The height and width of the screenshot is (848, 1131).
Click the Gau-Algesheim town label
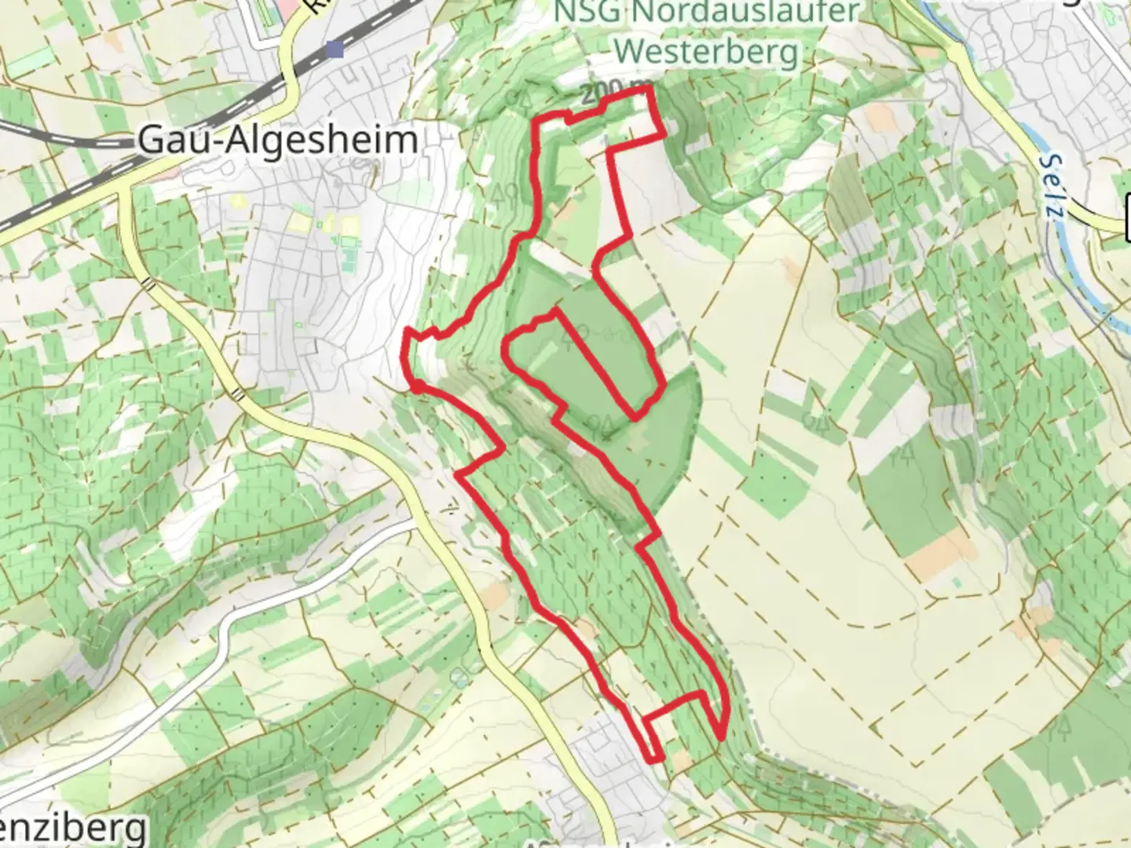click(277, 141)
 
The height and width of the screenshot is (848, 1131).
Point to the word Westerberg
click(706, 52)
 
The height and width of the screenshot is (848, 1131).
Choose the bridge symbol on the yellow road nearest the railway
click(147, 282)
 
